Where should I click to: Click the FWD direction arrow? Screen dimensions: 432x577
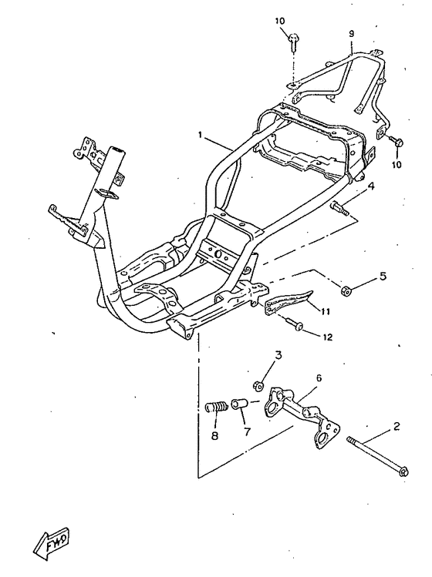click(x=51, y=544)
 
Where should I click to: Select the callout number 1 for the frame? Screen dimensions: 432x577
click(x=201, y=136)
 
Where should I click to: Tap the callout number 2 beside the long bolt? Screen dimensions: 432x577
click(x=397, y=427)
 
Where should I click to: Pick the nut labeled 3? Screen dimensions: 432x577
click(x=258, y=386)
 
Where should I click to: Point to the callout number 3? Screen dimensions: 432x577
click(x=278, y=355)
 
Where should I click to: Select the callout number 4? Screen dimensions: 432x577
click(x=370, y=186)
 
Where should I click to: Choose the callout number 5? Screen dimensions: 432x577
click(x=383, y=276)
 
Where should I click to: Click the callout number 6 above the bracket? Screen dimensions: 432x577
click(x=319, y=378)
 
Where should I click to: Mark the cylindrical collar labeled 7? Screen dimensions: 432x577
click(x=239, y=404)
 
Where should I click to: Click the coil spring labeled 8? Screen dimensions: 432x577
click(x=216, y=408)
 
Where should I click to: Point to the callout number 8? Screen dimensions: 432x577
click(x=214, y=436)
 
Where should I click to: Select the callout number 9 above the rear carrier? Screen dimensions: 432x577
click(x=351, y=34)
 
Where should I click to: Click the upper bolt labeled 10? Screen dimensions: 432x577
click(x=294, y=42)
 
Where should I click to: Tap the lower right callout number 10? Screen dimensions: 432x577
click(x=397, y=165)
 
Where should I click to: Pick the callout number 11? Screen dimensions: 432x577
click(x=325, y=312)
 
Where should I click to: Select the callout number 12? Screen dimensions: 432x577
click(x=327, y=337)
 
